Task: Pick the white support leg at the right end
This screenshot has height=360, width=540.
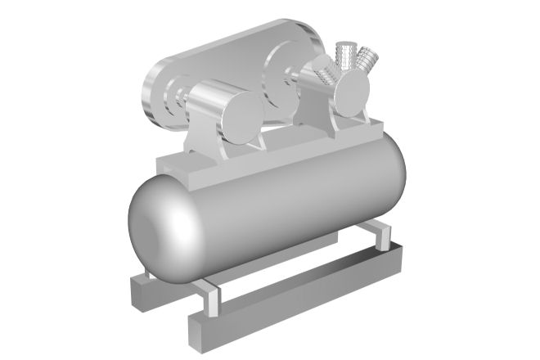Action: (379, 234)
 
